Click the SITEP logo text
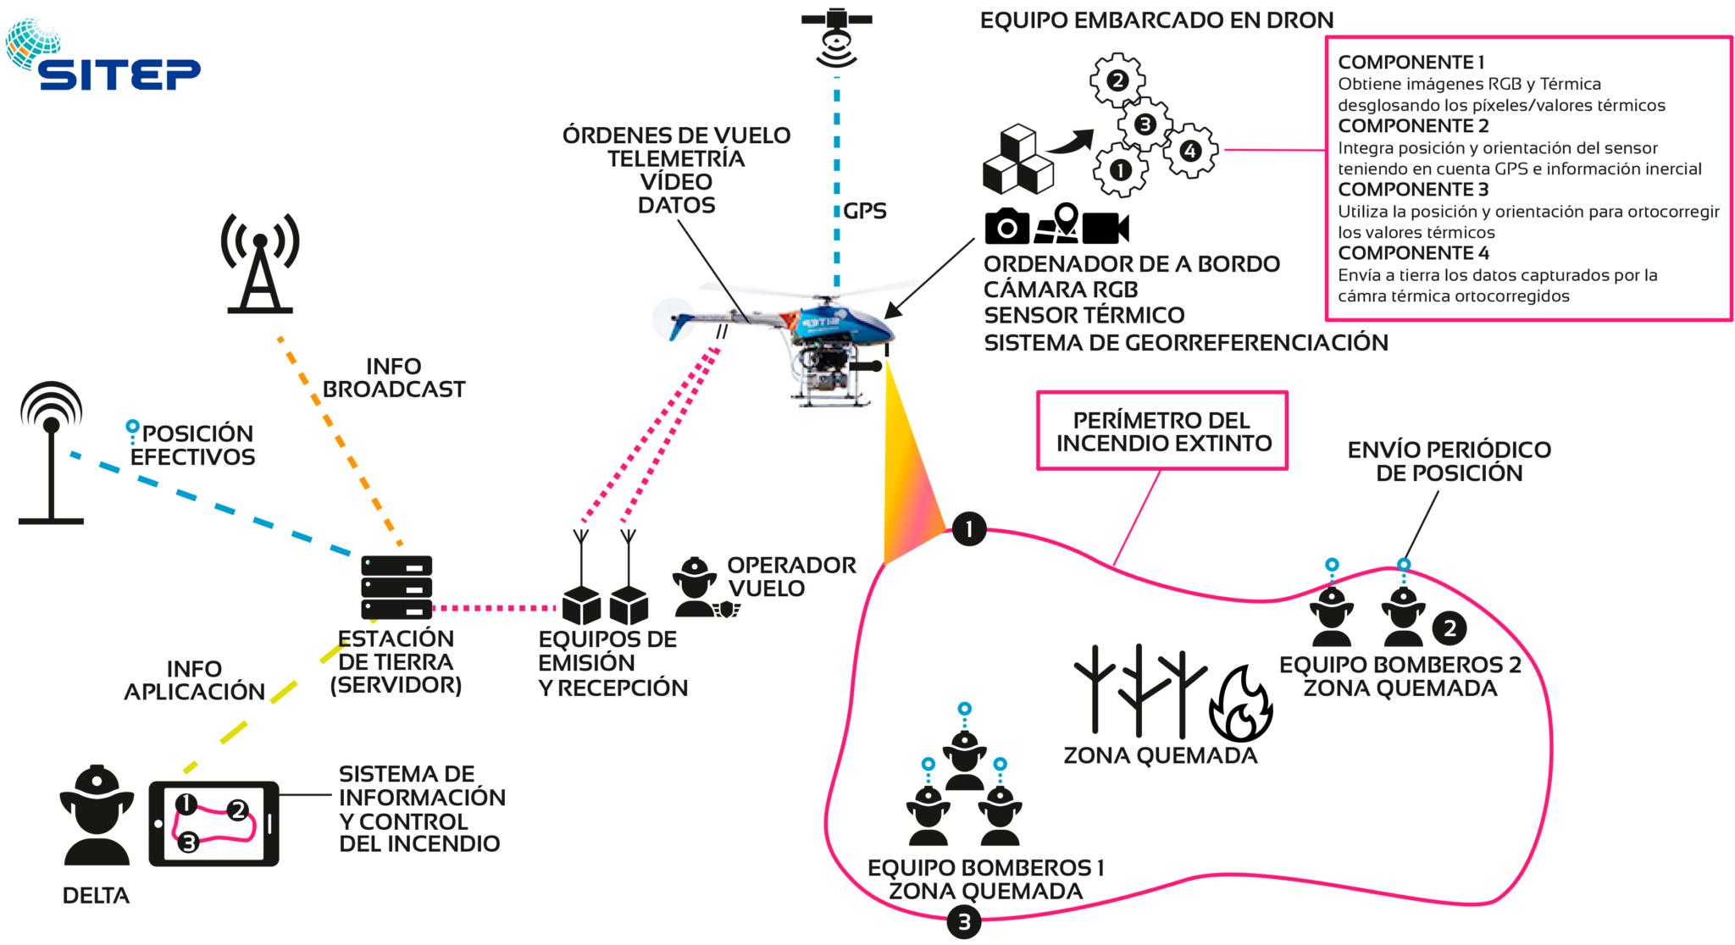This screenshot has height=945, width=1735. click(119, 75)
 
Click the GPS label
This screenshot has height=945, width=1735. click(864, 211)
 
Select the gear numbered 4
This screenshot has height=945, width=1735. click(1190, 151)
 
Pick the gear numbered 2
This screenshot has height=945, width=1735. click(1117, 80)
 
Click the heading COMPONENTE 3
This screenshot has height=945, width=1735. click(1413, 190)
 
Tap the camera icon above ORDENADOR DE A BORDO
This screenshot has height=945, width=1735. click(1006, 226)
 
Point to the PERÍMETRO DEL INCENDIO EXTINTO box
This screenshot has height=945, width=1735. click(1162, 431)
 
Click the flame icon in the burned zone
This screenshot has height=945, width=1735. click(1240, 705)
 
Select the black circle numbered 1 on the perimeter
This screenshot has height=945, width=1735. click(969, 529)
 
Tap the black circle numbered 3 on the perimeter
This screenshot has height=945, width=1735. click(963, 922)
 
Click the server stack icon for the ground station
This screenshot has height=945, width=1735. click(396, 587)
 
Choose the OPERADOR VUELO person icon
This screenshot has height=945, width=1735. click(696, 587)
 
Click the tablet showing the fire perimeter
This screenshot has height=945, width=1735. click(213, 824)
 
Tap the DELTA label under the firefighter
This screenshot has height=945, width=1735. click(96, 896)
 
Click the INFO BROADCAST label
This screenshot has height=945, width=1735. click(394, 378)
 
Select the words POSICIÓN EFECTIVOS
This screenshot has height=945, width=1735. click(193, 445)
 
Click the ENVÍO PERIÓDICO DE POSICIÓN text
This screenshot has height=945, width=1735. click(1449, 461)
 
